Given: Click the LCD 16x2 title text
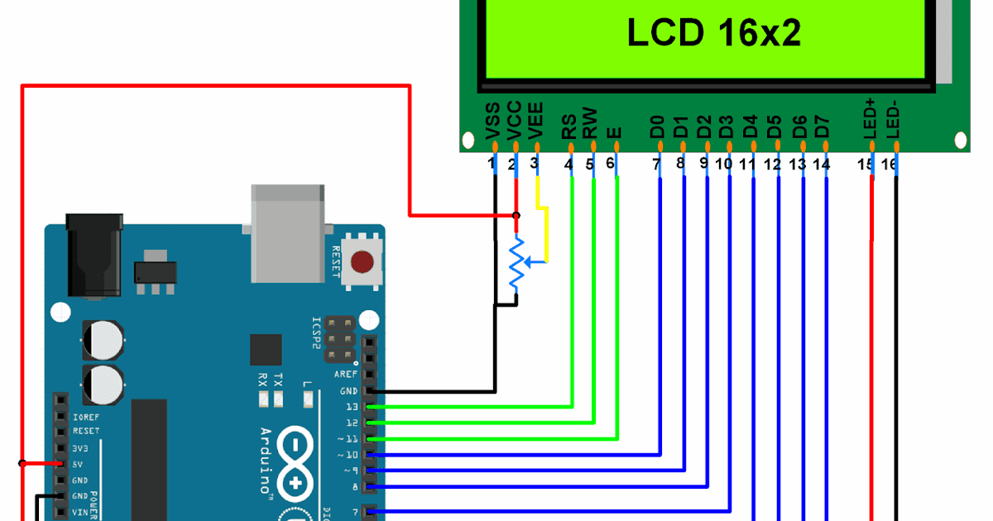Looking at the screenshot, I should click(713, 34).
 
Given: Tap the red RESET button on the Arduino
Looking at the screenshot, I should click(362, 263).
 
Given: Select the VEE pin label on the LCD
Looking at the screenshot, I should click(536, 122).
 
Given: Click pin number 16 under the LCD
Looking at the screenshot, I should click(889, 165).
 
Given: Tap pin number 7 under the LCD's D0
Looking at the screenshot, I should click(656, 165).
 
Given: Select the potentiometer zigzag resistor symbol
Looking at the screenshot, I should click(516, 263).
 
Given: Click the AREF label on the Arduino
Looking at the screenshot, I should click(346, 374).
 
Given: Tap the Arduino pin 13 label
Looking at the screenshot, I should click(353, 407).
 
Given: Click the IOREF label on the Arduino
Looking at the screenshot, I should click(86, 416).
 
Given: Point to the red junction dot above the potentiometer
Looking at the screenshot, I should click(516, 216).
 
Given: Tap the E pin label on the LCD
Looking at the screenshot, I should click(613, 131).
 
